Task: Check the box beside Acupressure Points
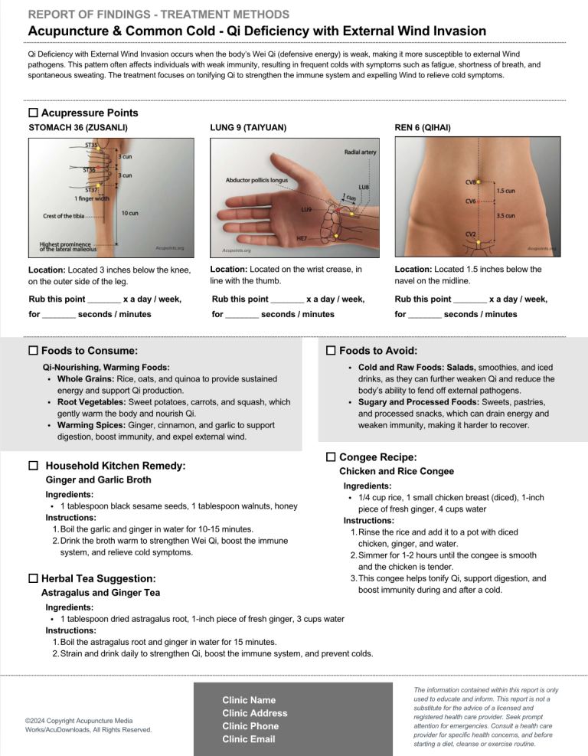(33, 113)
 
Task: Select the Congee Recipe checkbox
(331, 457)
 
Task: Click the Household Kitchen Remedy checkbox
(33, 465)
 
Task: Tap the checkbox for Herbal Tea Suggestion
(33, 578)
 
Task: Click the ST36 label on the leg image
(89, 170)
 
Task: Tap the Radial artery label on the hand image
(360, 152)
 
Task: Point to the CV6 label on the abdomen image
(472, 201)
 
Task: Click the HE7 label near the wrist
(302, 238)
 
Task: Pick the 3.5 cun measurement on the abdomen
(505, 216)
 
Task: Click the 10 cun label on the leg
(129, 212)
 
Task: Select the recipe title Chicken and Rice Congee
(397, 471)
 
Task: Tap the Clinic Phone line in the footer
(250, 726)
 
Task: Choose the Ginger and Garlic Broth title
(99, 479)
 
